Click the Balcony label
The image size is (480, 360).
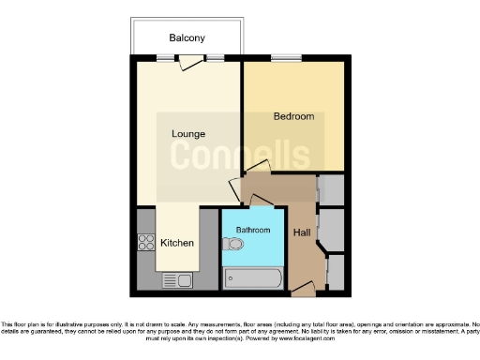[x=187, y=38]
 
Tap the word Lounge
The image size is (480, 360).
[x=187, y=133]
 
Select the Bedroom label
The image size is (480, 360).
[x=293, y=117]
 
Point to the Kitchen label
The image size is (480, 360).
[x=177, y=243]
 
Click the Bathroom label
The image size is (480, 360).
[x=253, y=230]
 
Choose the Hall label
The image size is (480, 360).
[x=302, y=232]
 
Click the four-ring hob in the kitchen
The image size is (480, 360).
[x=146, y=243]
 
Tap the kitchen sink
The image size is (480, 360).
[x=177, y=279]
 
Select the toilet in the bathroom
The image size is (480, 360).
[x=234, y=246]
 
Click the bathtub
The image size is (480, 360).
[x=252, y=278]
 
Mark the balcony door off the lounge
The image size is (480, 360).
[x=191, y=63]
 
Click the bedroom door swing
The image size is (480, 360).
[x=255, y=170]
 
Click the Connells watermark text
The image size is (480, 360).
[x=239, y=155]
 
